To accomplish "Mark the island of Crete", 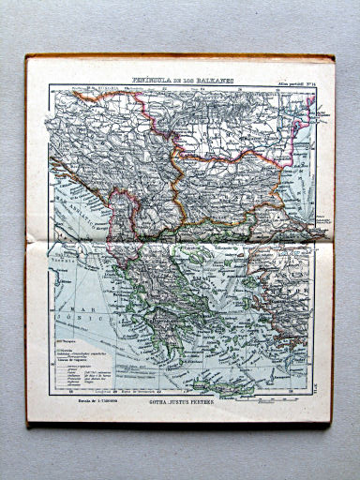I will coord(233,383).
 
